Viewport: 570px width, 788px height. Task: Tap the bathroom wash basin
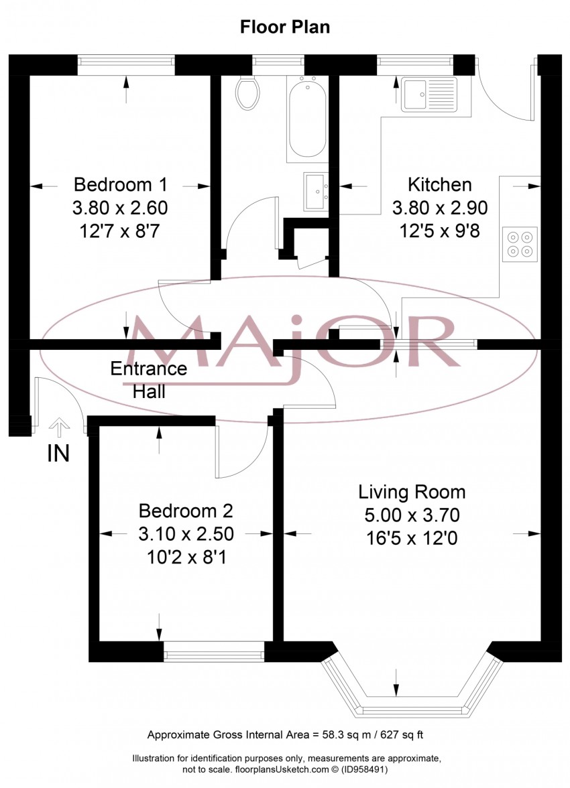click(315, 192)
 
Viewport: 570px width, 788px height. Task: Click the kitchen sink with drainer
click(429, 94)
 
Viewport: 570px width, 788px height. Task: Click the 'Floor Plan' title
click(285, 27)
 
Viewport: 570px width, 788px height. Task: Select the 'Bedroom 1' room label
click(120, 184)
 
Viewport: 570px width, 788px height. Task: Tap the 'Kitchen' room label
click(440, 184)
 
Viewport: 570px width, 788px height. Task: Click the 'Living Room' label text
click(412, 492)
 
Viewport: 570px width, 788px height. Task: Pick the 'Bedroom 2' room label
click(185, 511)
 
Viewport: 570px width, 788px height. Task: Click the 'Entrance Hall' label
click(148, 380)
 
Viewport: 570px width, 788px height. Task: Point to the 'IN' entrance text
click(58, 454)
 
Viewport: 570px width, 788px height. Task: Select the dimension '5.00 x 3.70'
click(412, 515)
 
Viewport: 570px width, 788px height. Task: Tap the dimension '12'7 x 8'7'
click(120, 231)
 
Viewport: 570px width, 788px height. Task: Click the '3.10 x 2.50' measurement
click(185, 534)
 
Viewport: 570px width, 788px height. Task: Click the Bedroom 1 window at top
click(126, 65)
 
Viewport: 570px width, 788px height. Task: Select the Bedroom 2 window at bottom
click(214, 651)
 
